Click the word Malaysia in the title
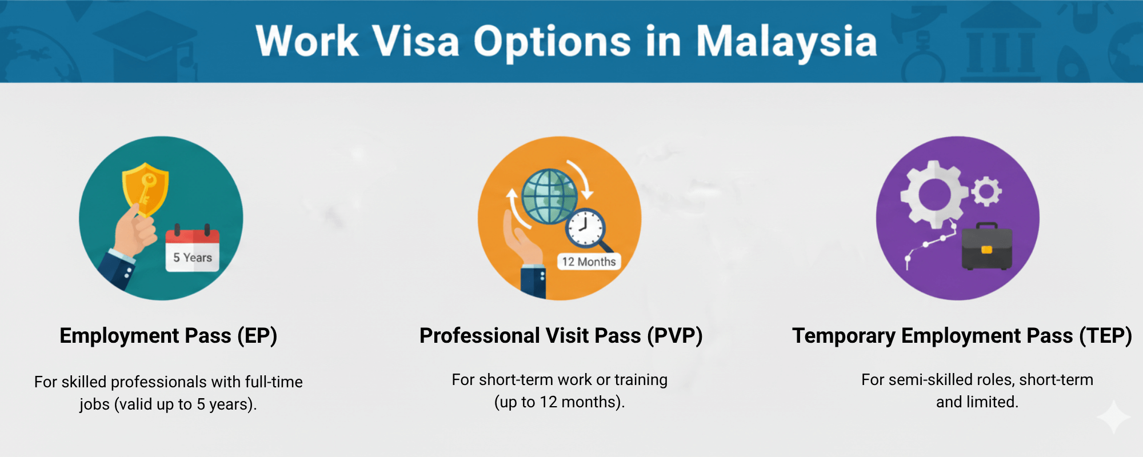coord(786,42)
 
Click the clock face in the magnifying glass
coord(585,227)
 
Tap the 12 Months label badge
coord(589,262)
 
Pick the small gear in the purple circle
coord(986,191)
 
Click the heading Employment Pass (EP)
coord(169,336)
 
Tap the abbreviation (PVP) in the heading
coord(675,336)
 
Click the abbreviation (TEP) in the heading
coord(1105,336)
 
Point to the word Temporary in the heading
coord(844,336)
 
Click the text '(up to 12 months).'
coord(559,402)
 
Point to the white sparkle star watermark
coord(1113,418)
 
